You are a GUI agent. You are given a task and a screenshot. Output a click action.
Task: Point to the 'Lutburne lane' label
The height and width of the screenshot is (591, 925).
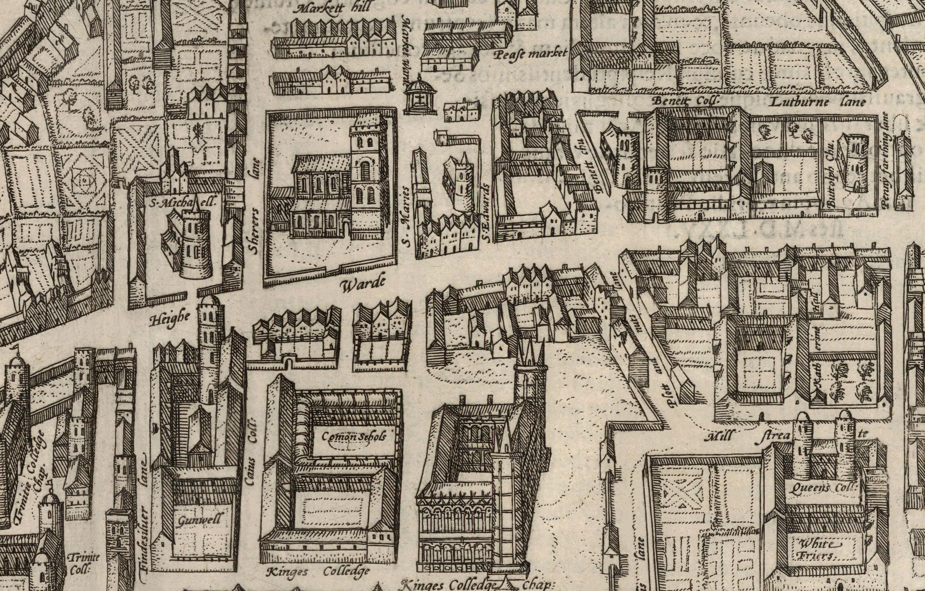click(817, 102)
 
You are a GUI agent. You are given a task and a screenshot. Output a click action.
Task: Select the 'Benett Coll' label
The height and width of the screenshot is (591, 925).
click(685, 101)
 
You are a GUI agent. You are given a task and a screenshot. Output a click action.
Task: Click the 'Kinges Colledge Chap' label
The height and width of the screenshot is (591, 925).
click(476, 585)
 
